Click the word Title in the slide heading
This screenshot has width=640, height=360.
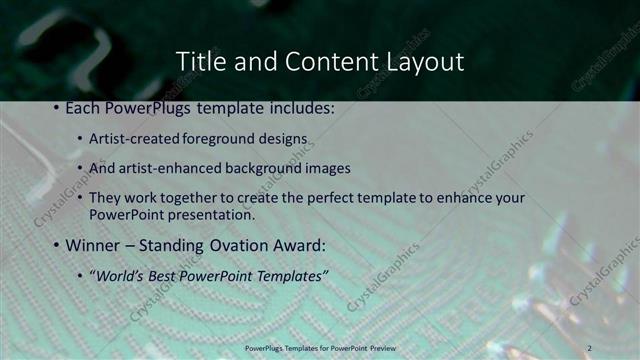pos(199,62)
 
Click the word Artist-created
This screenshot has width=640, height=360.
pos(128,138)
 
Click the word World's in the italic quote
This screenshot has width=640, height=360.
pos(120,275)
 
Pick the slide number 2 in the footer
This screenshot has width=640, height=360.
pos(590,347)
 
